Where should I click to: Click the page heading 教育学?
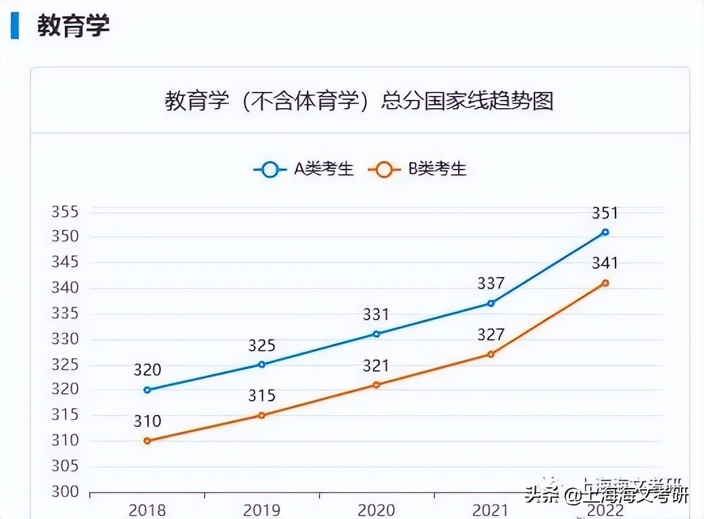click(73, 26)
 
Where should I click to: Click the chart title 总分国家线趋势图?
click(359, 101)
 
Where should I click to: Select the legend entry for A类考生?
click(304, 169)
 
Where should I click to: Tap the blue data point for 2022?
click(605, 232)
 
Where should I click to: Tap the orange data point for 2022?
click(605, 282)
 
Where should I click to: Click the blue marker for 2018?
click(147, 390)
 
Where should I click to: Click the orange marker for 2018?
click(147, 441)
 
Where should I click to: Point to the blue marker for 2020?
click(376, 334)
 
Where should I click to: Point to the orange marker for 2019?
click(261, 415)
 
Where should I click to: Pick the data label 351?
click(605, 213)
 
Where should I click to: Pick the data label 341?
click(605, 264)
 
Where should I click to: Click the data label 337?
click(491, 284)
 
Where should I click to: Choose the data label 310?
click(147, 422)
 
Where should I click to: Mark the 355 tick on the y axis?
click(65, 212)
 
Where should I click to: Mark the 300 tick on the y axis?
click(65, 492)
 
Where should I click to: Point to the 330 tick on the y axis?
click(65, 339)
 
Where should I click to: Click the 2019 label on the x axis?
click(261, 510)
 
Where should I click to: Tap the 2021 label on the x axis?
click(491, 510)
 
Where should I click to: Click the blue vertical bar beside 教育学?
click(15, 26)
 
